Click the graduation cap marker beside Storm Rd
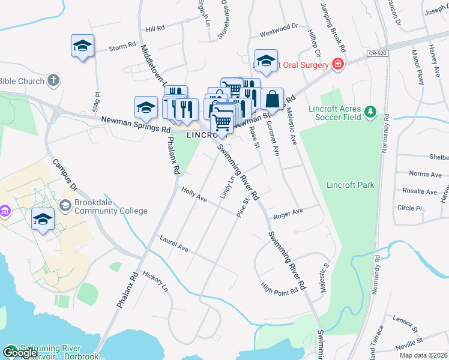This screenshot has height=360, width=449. [x=83, y=47]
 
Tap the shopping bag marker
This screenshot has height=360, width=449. [x=272, y=98]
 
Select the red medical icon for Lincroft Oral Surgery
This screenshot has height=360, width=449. [x=338, y=64]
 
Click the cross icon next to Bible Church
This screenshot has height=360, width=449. [x=53, y=81]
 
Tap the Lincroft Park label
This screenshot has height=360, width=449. [x=350, y=185]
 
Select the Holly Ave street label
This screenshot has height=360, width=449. [x=194, y=194]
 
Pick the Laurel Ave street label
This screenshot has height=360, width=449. [x=174, y=244]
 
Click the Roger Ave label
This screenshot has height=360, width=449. [x=288, y=213]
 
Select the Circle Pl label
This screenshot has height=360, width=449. [x=410, y=208]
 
